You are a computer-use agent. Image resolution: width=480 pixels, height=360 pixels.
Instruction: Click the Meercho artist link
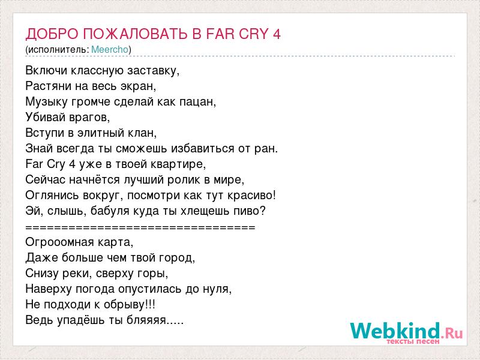(x=110, y=49)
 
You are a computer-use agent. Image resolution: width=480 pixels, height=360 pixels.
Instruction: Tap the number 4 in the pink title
(x=277, y=34)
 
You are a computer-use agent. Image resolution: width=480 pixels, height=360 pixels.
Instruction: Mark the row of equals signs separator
(x=140, y=227)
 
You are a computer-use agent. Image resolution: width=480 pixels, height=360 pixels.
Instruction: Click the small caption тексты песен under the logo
(x=413, y=341)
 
